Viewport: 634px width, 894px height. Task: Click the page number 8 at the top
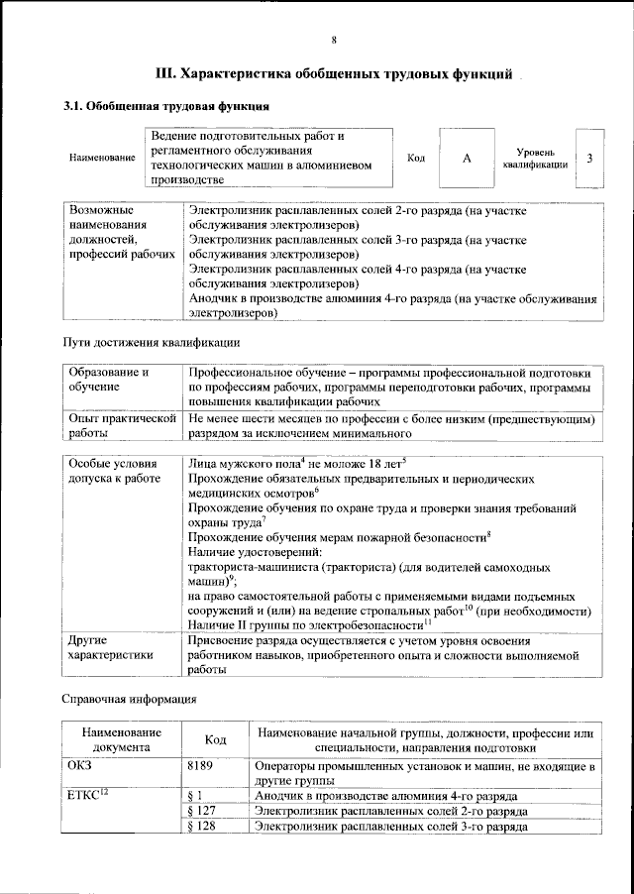pyautogui.click(x=334, y=40)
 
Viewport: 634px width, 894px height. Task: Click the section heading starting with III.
pyautogui.click(x=335, y=73)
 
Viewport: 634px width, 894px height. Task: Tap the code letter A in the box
pyautogui.click(x=466, y=158)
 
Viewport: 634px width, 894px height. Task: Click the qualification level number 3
pyautogui.click(x=590, y=158)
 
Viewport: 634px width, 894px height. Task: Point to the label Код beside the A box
pyautogui.click(x=416, y=158)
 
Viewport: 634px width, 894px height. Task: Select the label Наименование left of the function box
pyautogui.click(x=102, y=159)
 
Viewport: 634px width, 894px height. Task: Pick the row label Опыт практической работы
pyautogui.click(x=122, y=426)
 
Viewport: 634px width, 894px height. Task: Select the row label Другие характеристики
pyautogui.click(x=110, y=647)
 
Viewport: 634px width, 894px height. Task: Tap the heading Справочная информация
pyautogui.click(x=130, y=699)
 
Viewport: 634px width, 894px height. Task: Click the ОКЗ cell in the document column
pyautogui.click(x=79, y=767)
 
